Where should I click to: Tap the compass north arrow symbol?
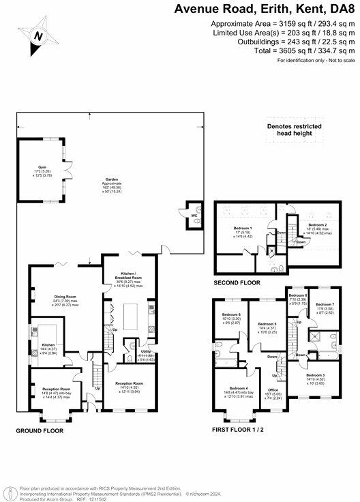[x=39, y=35]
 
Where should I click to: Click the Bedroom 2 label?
[x=318, y=224]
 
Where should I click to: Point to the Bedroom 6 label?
[x=230, y=314]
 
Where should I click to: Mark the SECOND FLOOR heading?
[x=237, y=282]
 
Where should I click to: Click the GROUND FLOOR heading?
[x=40, y=431]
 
